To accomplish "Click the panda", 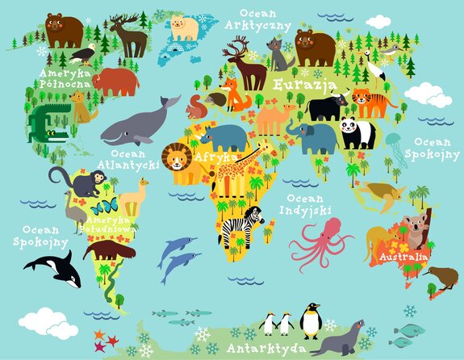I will click(357, 132).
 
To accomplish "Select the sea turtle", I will click(378, 193).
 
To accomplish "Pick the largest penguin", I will click(311, 320).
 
